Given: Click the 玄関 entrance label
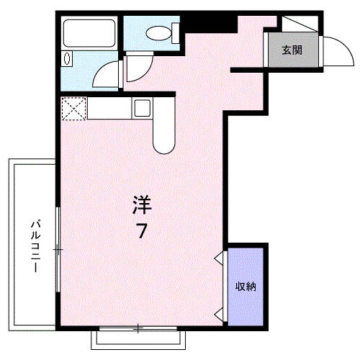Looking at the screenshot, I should pyautogui.click(x=292, y=50).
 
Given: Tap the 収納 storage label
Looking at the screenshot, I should pyautogui.click(x=246, y=287).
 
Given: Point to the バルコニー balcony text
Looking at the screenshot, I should pyautogui.click(x=33, y=245).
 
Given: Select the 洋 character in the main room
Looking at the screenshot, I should pyautogui.click(x=142, y=206).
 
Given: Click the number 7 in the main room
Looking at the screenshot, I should pyautogui.click(x=142, y=231).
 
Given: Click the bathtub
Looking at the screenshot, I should pyautogui.click(x=87, y=33).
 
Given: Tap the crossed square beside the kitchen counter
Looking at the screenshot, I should pyautogui.click(x=73, y=109).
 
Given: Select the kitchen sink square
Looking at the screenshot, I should pyautogui.click(x=141, y=109).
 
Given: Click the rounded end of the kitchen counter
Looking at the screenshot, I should pyautogui.click(x=163, y=141).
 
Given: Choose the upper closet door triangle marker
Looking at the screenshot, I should pyautogui.click(x=219, y=257).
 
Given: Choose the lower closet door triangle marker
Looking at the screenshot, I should pyautogui.click(x=219, y=312).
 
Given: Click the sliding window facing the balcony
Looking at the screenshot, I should pyautogui.click(x=58, y=248).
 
